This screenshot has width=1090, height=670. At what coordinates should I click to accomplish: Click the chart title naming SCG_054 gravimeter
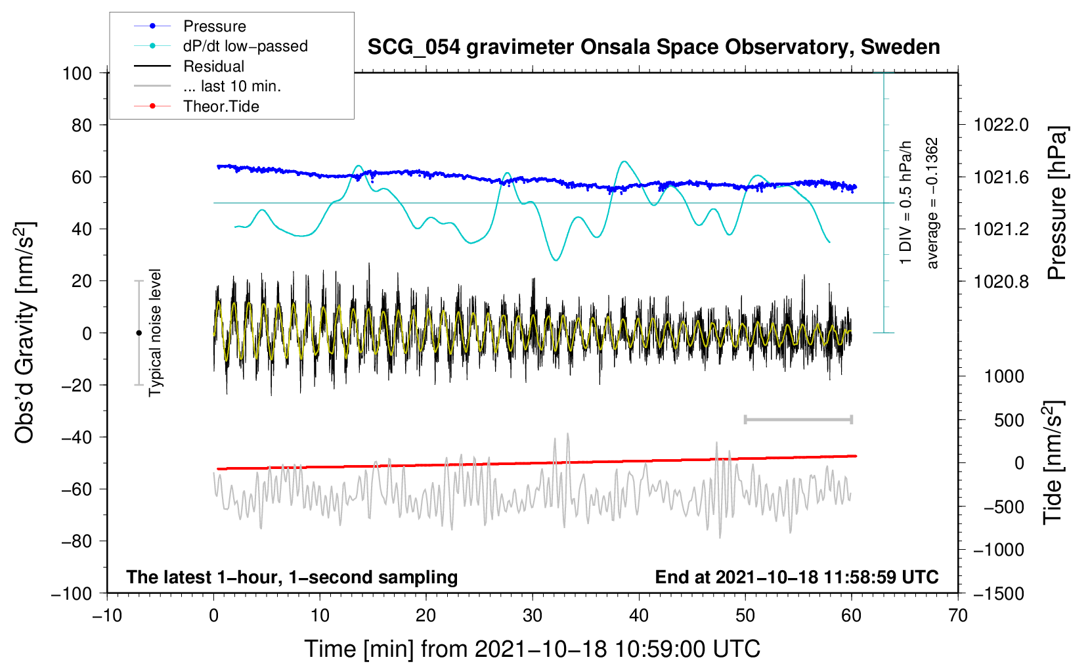653,47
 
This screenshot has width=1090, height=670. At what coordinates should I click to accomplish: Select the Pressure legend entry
214,26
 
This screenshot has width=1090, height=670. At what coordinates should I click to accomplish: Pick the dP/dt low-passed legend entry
245,46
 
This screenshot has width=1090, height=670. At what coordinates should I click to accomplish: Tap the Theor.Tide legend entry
221,106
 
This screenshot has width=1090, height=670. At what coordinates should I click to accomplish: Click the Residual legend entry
213,66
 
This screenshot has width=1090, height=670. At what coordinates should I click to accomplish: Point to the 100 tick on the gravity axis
77,73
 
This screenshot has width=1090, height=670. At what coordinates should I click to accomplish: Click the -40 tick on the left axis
76,437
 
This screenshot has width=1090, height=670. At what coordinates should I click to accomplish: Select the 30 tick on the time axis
533,616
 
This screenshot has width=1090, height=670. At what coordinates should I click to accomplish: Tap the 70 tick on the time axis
958,616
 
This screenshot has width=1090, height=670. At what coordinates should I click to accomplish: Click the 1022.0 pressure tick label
1001,125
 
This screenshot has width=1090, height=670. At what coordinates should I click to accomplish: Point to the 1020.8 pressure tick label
1001,282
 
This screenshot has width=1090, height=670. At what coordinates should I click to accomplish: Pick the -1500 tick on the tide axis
999,594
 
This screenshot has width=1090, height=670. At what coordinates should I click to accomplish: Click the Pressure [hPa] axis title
1057,204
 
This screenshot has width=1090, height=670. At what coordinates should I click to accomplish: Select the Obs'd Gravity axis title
24,333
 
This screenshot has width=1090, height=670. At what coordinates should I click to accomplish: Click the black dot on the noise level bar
139,333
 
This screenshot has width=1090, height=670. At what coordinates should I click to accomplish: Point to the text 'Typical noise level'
155,333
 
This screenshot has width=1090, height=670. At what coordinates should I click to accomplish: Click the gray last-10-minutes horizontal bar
798,419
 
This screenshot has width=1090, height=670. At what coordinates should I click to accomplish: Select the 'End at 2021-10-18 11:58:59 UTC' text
796,577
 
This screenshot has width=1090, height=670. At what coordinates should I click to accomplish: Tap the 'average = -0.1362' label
932,204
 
